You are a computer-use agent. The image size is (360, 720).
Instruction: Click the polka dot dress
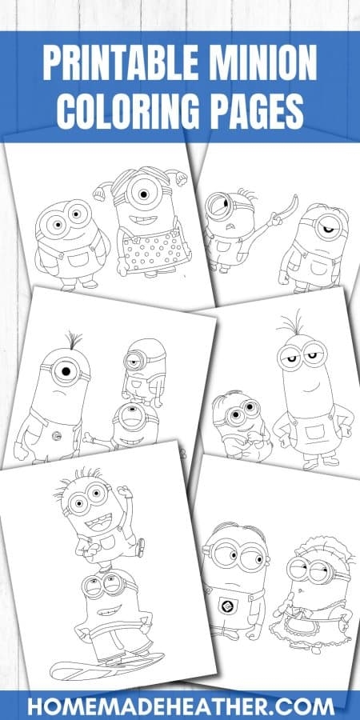pyautogui.click(x=154, y=250)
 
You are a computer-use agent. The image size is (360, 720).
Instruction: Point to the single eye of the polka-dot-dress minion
pyautogui.click(x=143, y=194)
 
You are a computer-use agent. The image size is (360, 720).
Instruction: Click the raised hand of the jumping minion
pyautogui.click(x=124, y=492)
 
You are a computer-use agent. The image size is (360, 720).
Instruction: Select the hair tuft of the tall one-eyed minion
pyautogui.click(x=74, y=340)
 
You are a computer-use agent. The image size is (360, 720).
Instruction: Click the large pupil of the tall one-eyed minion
pyautogui.click(x=66, y=370)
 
